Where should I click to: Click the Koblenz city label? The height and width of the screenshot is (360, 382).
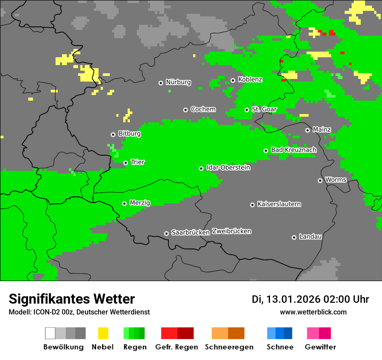pyautogui.click(x=250, y=80)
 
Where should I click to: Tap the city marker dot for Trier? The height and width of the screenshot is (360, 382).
pyautogui.click(x=125, y=163)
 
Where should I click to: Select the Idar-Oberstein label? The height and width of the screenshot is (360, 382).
pyautogui.click(x=228, y=167)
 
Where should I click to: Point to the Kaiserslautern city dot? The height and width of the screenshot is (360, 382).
pyautogui.click(x=252, y=205)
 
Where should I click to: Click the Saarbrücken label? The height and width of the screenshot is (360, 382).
pyautogui.click(x=191, y=232)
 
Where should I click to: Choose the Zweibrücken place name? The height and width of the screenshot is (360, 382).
pyautogui.click(x=231, y=231)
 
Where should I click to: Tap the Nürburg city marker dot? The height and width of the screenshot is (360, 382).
pyautogui.click(x=161, y=82)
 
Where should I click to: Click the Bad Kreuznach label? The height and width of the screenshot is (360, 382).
pyautogui.click(x=293, y=150)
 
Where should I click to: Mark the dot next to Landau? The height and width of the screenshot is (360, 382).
pyautogui.click(x=294, y=237)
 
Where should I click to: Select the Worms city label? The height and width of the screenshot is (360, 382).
pyautogui.click(x=336, y=180)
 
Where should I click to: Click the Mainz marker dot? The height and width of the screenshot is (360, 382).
pyautogui.click(x=307, y=130)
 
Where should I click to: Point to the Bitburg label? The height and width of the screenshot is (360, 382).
pyautogui.click(x=129, y=134)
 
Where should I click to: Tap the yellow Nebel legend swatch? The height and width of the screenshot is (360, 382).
pyautogui.click(x=103, y=333)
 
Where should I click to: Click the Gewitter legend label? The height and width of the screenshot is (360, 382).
pyautogui.click(x=320, y=347)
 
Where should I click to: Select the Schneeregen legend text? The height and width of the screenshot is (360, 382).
pyautogui.click(x=229, y=347)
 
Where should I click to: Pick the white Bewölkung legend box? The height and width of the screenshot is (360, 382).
pyautogui.click(x=50, y=333)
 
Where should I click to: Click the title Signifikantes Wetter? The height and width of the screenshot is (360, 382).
pyautogui.click(x=72, y=299)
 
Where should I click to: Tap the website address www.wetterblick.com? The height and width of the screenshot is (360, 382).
pyautogui.click(x=313, y=312)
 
